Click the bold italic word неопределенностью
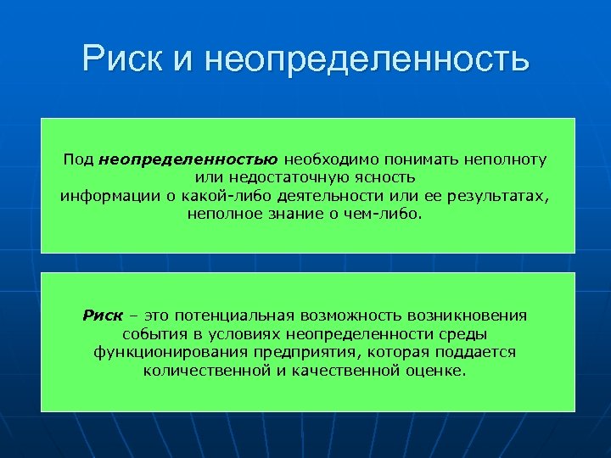[x=188, y=159]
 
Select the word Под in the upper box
[x=78, y=159]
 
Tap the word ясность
[x=388, y=177]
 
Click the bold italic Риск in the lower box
[x=103, y=316]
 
